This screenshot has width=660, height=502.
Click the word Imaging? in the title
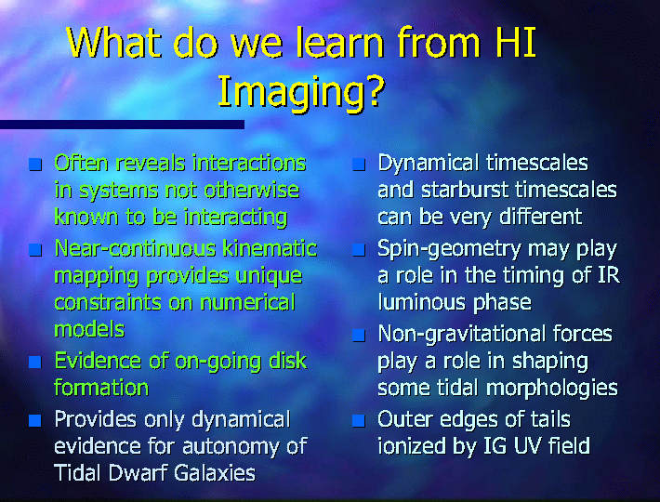pyautogui.click(x=301, y=93)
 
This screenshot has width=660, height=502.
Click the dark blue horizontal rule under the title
pyautogui.click(x=122, y=125)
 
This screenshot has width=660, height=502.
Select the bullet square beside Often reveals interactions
pyautogui.click(x=35, y=165)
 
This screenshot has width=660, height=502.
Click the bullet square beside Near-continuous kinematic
pyautogui.click(x=35, y=249)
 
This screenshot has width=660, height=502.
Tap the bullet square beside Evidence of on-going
pyautogui.click(x=35, y=362)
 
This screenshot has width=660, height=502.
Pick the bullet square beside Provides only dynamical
pyautogui.click(x=35, y=420)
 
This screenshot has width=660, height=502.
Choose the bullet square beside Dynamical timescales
pyautogui.click(x=359, y=165)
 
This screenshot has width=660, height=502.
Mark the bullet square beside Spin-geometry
pyautogui.click(x=359, y=249)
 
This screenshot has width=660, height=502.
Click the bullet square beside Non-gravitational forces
pyautogui.click(x=359, y=336)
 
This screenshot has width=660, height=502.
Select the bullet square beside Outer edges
pyautogui.click(x=359, y=420)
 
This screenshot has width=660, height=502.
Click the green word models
pyautogui.click(x=89, y=329)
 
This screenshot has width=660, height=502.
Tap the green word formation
pyautogui.click(x=101, y=387)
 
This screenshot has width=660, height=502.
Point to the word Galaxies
pyautogui.click(x=214, y=472)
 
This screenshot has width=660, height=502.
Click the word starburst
pyautogui.click(x=465, y=191)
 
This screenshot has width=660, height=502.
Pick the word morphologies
pyautogui.click(x=552, y=389)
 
